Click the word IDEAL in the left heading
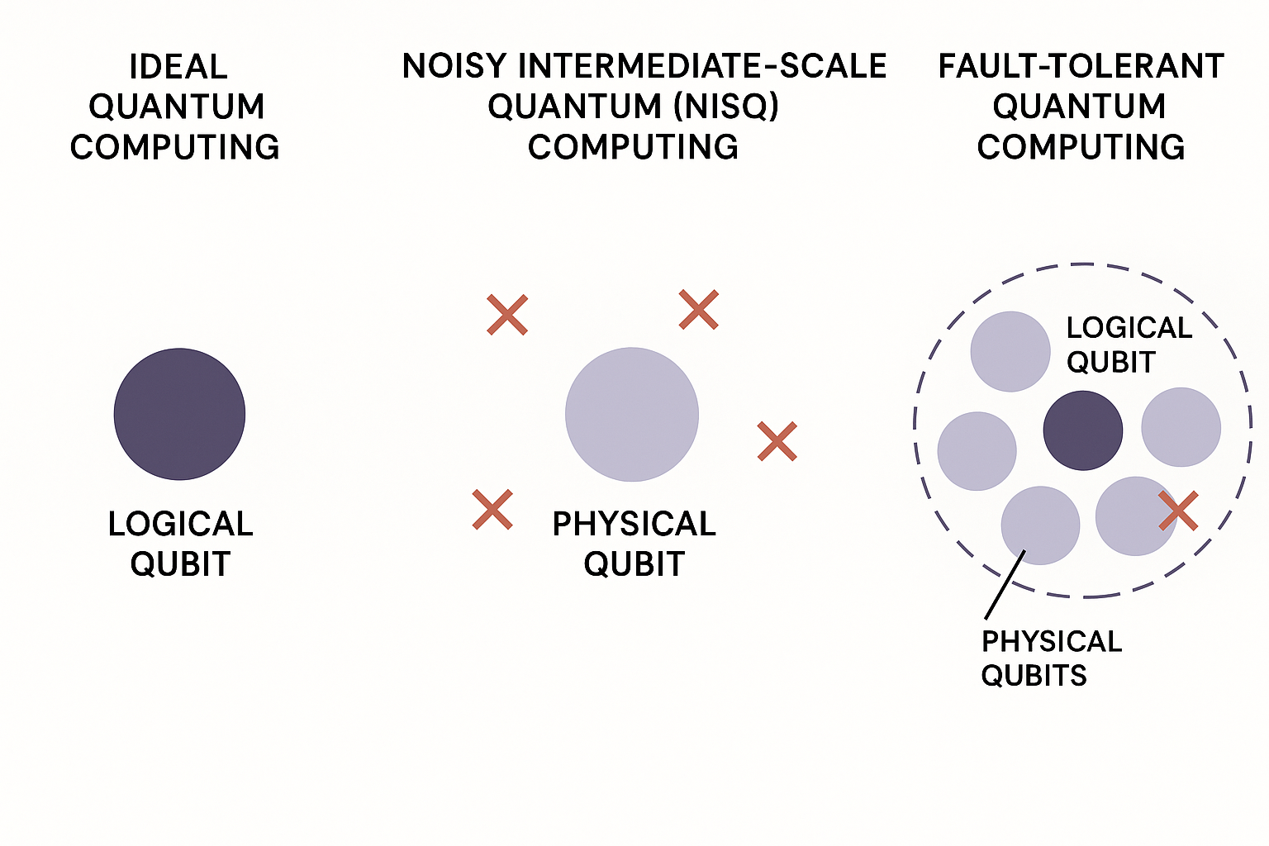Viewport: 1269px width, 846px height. [178, 67]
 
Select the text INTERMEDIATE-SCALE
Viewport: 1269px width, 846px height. [702, 66]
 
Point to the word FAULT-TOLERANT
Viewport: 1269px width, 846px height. [1081, 66]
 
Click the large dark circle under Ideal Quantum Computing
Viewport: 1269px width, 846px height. [179, 414]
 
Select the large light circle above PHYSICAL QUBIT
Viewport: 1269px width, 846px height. [632, 415]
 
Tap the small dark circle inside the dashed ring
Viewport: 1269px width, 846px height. [1083, 430]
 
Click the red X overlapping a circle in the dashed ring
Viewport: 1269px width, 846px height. [1178, 511]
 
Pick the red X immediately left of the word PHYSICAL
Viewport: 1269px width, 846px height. [492, 510]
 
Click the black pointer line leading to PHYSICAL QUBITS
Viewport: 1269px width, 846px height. [1005, 584]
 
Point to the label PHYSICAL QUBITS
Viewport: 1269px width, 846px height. [1052, 658]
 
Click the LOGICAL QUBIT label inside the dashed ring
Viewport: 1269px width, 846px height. [1129, 345]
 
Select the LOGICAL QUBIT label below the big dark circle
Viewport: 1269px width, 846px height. [180, 544]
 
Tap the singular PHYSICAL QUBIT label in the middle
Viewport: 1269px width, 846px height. [634, 544]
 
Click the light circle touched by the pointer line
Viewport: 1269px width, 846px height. [1041, 525]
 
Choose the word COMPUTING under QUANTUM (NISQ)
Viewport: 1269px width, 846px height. [633, 147]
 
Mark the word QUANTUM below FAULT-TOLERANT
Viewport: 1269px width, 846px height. [1080, 107]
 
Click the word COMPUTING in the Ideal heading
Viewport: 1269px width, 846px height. [174, 147]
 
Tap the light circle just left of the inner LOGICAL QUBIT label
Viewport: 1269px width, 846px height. [1010, 351]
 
